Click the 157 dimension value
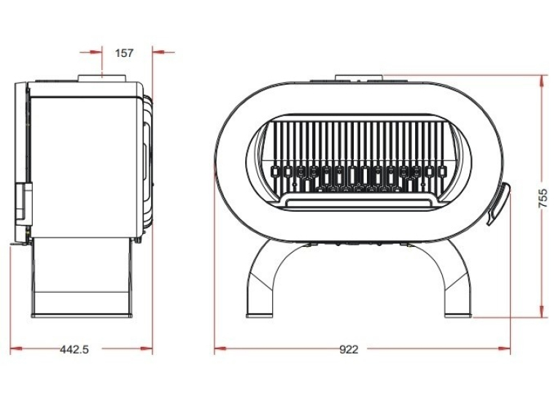coord(124,53)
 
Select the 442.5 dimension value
coord(74,350)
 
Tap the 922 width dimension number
coord(349,350)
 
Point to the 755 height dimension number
coord(543,198)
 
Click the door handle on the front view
coord(499,204)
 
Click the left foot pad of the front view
coord(260,315)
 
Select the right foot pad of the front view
coord(457,315)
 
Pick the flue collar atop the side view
coord(102,78)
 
